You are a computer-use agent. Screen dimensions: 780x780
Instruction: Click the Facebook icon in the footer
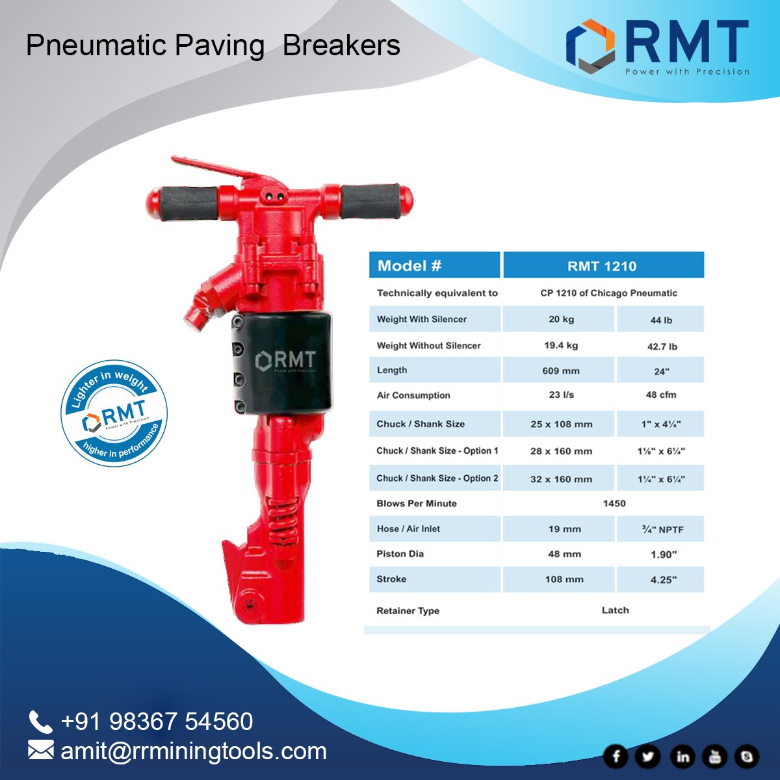point(616,756)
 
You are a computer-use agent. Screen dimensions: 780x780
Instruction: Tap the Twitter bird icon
point(648,756)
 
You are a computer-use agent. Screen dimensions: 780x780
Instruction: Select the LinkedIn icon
point(682,756)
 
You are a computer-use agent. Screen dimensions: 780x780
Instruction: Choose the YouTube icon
point(715,756)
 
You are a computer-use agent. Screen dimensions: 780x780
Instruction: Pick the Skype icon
point(746,756)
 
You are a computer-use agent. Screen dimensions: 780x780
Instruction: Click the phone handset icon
point(40,722)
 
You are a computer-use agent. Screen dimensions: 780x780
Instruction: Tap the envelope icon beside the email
point(40,751)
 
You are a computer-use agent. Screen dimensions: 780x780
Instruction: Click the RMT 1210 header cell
point(603,266)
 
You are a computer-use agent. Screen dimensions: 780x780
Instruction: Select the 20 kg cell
point(561,319)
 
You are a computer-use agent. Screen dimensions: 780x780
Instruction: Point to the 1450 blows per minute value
point(614,503)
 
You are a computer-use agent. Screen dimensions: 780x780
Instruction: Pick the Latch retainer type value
point(615,610)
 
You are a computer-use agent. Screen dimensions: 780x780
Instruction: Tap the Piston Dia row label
point(400,554)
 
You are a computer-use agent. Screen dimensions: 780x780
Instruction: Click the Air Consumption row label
point(413,395)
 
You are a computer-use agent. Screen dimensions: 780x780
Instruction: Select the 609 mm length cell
point(560,370)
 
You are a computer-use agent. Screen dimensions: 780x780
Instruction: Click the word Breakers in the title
point(341,45)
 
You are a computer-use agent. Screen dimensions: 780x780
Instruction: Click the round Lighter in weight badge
point(114,413)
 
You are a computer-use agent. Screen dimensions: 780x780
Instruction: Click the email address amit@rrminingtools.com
point(194,751)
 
